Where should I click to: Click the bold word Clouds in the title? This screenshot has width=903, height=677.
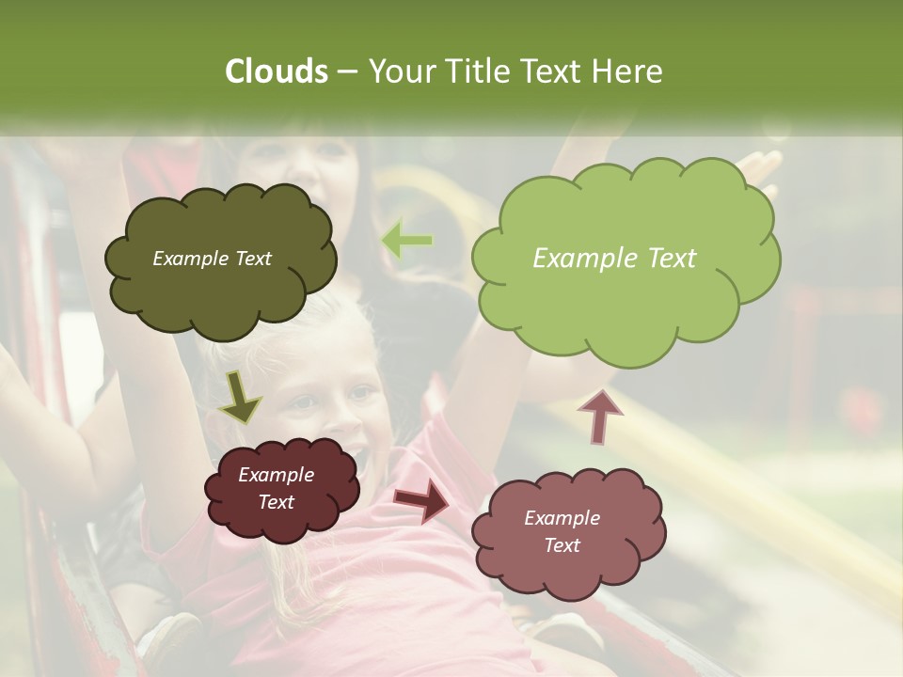pyautogui.click(x=276, y=71)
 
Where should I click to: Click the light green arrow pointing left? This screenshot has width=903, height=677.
pyautogui.click(x=407, y=241)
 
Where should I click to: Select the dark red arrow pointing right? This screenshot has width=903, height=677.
pyautogui.click(x=421, y=501)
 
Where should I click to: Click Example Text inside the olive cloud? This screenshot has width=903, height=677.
pyautogui.click(x=212, y=259)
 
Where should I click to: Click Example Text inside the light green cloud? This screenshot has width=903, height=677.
pyautogui.click(x=614, y=259)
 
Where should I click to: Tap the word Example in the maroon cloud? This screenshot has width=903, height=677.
pyautogui.click(x=276, y=475)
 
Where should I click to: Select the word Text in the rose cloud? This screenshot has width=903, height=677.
pyautogui.click(x=562, y=545)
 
